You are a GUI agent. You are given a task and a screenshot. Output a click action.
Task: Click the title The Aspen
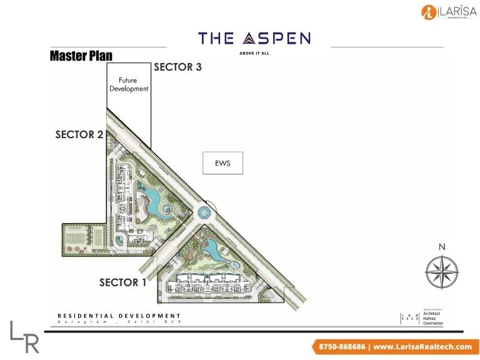(x=254, y=39)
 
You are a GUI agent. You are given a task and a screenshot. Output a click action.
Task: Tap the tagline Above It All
(x=254, y=53)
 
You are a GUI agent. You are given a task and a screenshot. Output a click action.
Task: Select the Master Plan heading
(x=81, y=56)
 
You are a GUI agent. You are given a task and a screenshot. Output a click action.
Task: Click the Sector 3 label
(x=177, y=67)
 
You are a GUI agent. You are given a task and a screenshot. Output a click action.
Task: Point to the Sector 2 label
(x=79, y=134)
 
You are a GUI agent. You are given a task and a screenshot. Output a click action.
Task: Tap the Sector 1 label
(x=123, y=282)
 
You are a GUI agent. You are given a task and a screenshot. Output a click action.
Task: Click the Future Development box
(x=129, y=85)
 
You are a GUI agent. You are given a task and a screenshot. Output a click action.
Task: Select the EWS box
(x=222, y=163)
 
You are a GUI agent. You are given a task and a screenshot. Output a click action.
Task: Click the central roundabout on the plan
(x=204, y=213)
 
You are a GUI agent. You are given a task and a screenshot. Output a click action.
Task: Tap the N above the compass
(x=442, y=247)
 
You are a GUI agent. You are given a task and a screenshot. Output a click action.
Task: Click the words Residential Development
(x=119, y=316)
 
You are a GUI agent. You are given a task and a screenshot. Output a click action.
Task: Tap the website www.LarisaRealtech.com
(x=423, y=346)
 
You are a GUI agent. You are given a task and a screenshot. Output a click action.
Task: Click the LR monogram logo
(x=25, y=336)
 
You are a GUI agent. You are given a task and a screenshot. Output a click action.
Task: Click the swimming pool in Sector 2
(x=152, y=202)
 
